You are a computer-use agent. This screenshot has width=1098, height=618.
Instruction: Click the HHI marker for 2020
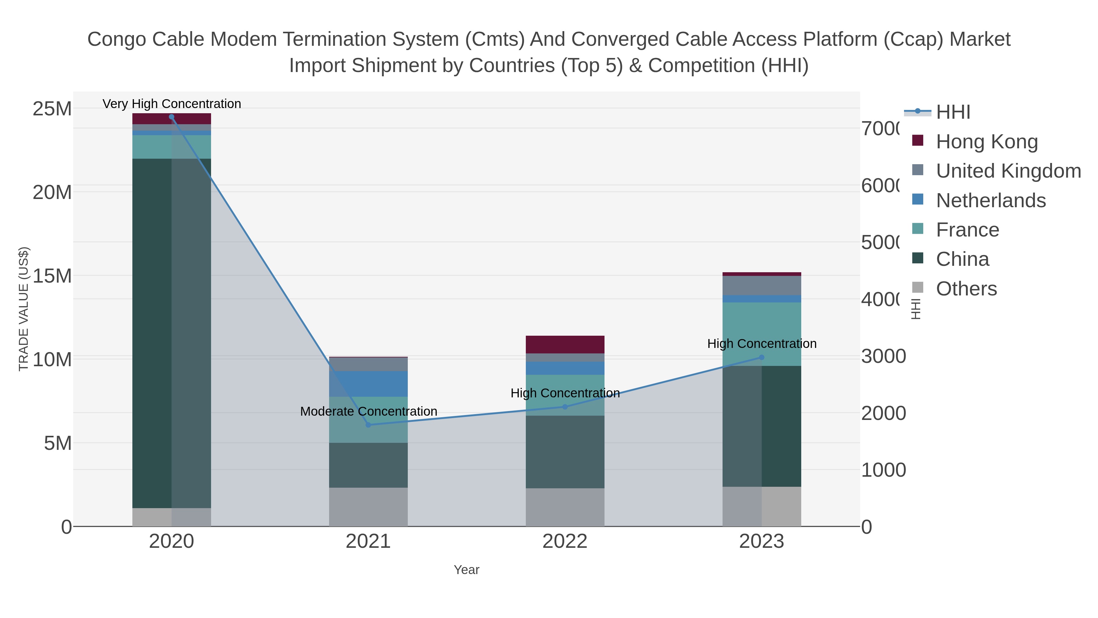(172, 117)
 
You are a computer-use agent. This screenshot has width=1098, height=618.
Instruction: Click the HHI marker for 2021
(368, 425)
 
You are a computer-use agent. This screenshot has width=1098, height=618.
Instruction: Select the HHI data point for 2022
(565, 407)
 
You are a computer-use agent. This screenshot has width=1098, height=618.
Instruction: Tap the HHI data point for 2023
(762, 357)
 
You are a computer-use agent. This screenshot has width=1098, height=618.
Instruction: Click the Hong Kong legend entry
(986, 142)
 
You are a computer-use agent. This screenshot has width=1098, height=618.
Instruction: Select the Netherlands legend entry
(991, 201)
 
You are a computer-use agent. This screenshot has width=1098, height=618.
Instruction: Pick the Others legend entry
(966, 289)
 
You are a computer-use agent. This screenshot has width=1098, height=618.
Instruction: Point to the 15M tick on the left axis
(52, 276)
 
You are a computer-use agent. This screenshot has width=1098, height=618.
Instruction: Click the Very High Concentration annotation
(172, 104)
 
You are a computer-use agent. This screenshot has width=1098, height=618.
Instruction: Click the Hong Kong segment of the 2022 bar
(565, 344)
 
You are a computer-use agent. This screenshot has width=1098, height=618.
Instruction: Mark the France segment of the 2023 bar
(762, 334)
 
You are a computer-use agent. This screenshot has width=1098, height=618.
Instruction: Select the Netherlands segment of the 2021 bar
(368, 384)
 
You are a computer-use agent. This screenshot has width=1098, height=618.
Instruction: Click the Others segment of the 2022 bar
(565, 507)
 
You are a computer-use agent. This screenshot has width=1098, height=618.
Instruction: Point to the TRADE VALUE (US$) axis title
(23, 309)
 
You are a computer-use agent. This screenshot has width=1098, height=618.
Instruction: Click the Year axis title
(466, 570)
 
